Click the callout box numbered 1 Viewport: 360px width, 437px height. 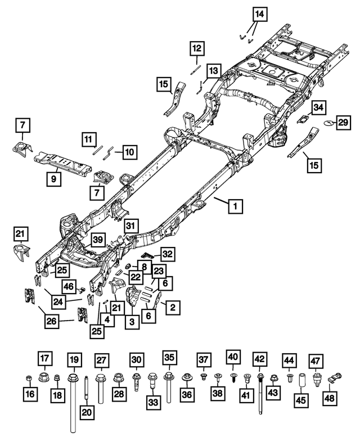235,206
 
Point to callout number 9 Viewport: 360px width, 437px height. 53,179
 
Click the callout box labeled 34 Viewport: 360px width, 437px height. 318,107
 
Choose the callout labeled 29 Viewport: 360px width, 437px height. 343,123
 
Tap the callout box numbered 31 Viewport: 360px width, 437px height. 130,226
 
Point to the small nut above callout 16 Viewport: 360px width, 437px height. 29,376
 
